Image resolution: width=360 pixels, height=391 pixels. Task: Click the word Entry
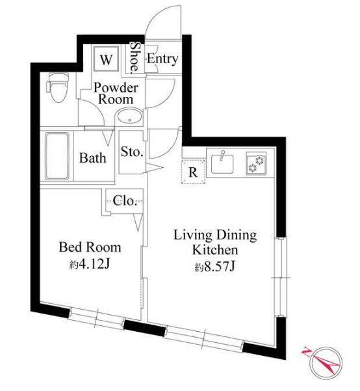point(162,59)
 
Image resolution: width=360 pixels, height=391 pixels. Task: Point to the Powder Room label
point(116,94)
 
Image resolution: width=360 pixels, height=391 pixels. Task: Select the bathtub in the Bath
point(58,157)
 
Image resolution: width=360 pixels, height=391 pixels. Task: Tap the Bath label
point(94,157)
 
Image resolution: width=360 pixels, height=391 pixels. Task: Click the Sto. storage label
point(133,152)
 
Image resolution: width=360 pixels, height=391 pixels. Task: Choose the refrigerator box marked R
point(193,172)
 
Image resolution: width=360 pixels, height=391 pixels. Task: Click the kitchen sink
point(223,161)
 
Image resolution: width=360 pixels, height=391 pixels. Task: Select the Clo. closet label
point(125,200)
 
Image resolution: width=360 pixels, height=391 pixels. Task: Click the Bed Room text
point(90,247)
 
